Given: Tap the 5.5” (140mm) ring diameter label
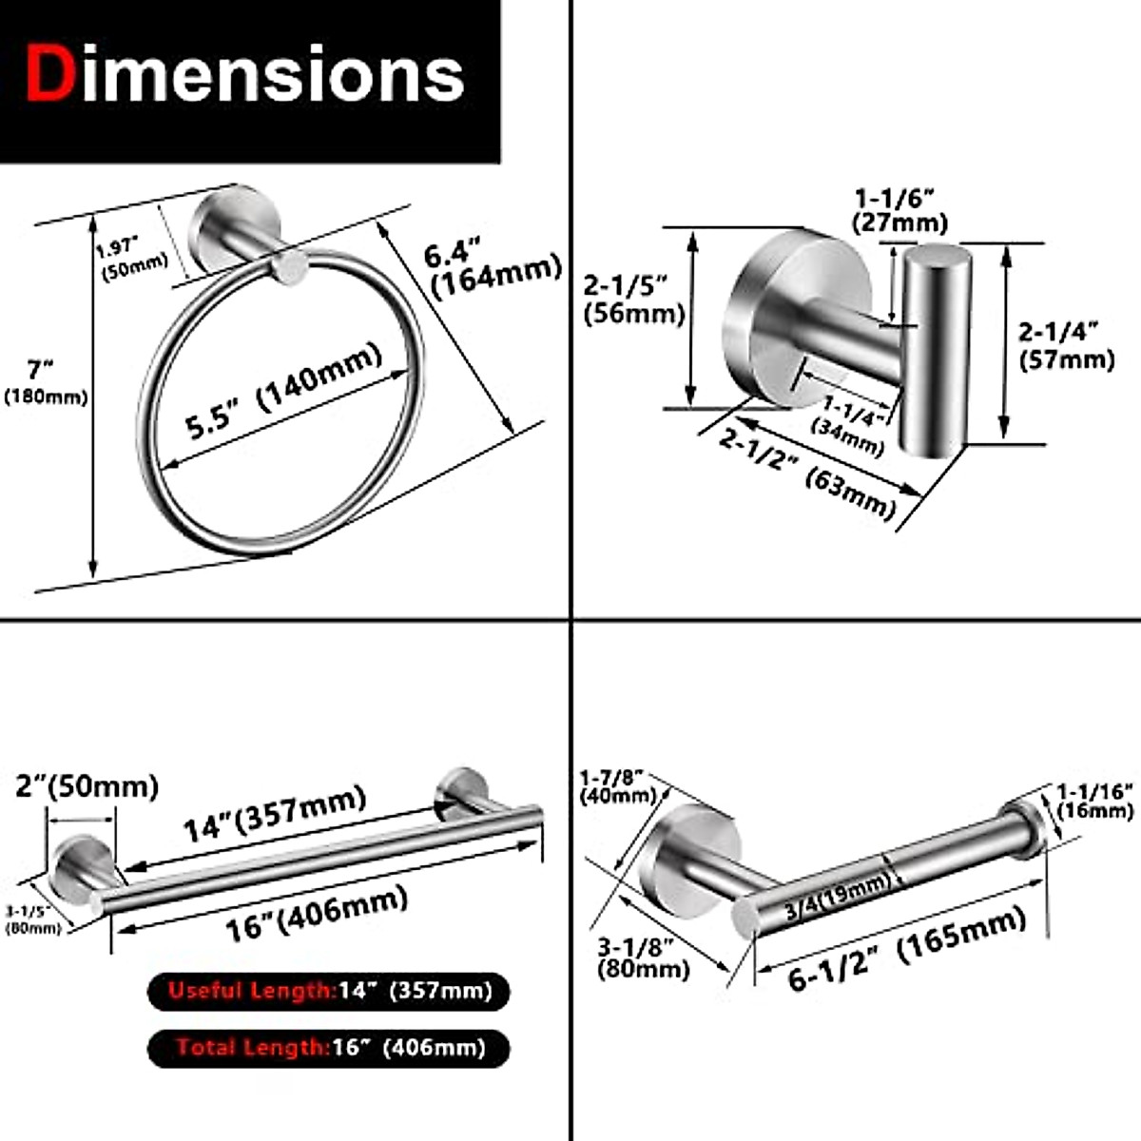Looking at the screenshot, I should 283,391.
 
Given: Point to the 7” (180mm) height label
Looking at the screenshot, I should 44,381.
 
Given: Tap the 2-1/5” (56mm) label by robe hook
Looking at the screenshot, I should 633,299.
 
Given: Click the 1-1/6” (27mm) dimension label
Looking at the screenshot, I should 900,210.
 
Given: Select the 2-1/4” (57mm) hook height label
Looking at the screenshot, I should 1065,345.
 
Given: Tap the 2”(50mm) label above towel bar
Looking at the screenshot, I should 86,786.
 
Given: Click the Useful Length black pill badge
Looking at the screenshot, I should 329,992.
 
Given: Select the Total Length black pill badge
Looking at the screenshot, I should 329,1048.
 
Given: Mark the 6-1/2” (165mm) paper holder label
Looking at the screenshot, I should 907,949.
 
